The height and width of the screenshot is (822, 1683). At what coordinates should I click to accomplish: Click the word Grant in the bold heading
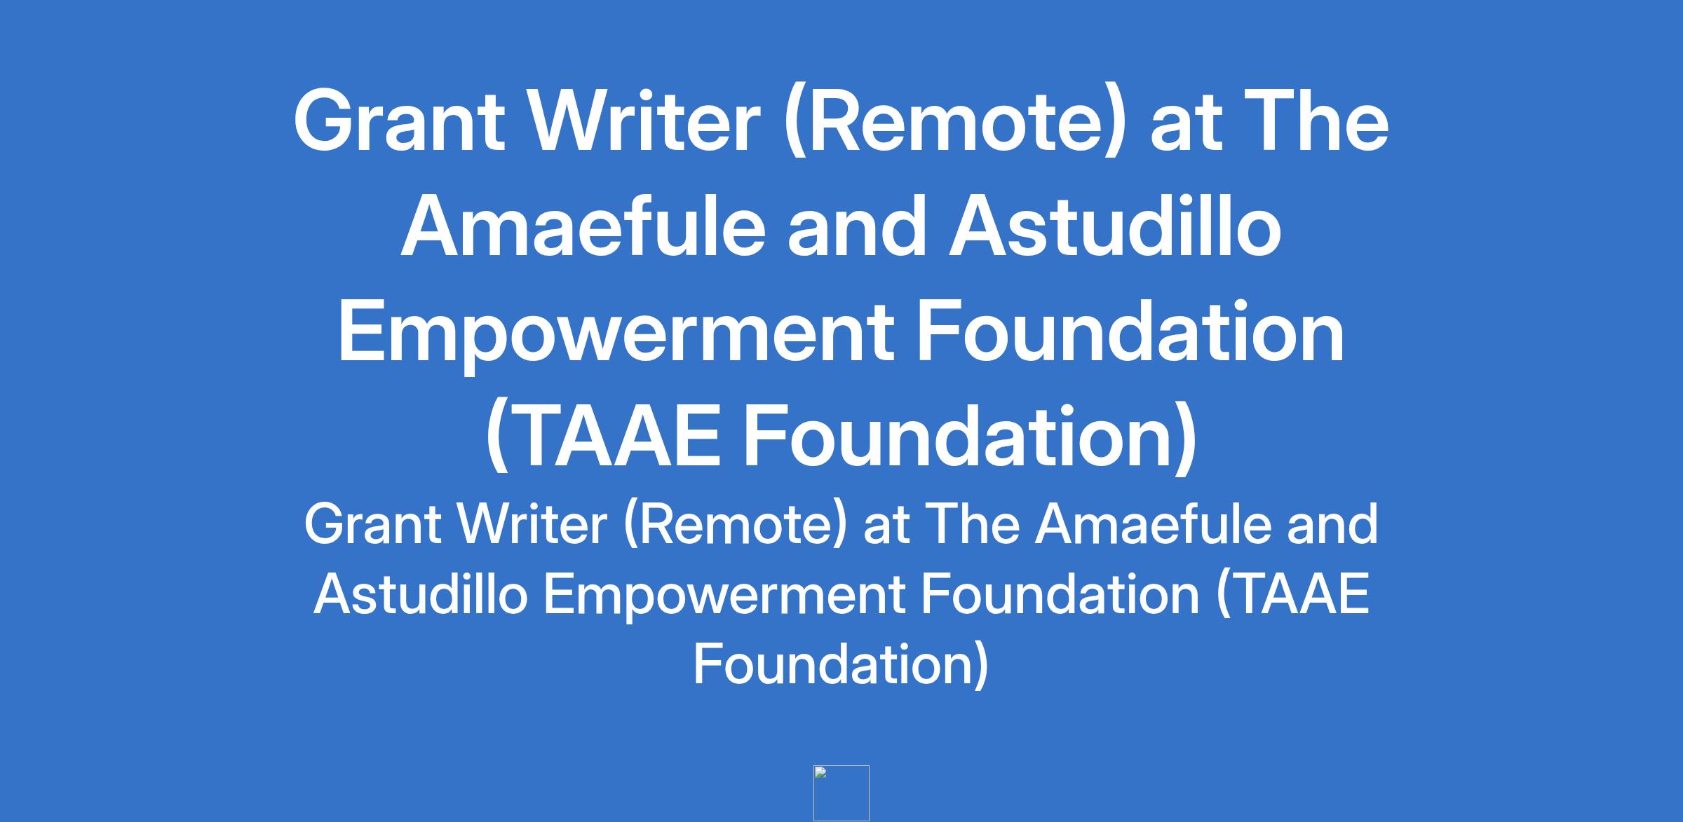click(x=399, y=120)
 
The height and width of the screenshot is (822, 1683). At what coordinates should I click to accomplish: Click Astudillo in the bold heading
click(x=1116, y=226)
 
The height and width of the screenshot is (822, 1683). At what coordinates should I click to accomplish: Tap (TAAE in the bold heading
click(x=604, y=437)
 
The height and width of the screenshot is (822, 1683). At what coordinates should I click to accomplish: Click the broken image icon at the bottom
click(x=841, y=793)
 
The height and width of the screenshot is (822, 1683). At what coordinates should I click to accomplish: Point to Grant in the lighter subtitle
click(x=372, y=524)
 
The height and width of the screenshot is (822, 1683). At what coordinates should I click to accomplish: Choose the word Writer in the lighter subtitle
click(x=532, y=524)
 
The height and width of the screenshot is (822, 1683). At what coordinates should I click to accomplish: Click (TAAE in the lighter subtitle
click(x=1292, y=596)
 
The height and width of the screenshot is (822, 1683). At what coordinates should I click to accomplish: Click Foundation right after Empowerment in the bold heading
click(x=1130, y=330)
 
